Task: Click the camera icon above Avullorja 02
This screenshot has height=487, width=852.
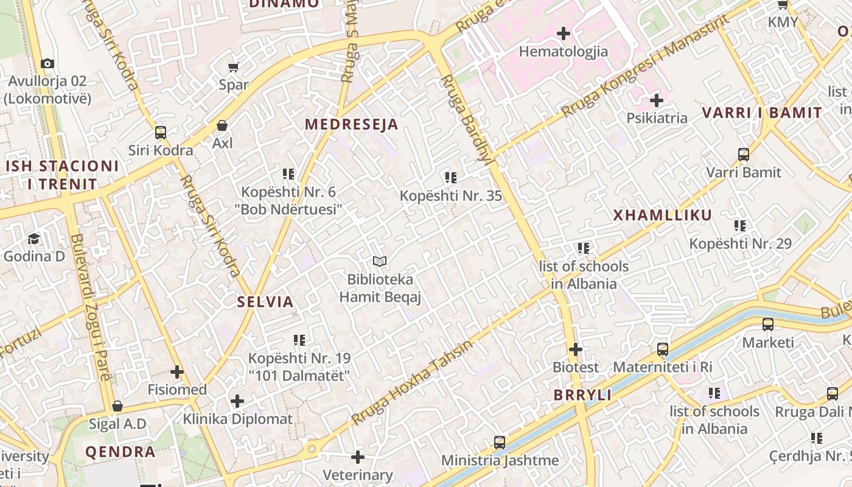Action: click(47, 63)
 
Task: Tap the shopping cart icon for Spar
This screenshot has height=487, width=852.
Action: click(234, 67)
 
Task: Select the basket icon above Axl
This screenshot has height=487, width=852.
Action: click(223, 125)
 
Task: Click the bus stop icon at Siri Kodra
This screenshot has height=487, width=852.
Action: click(161, 132)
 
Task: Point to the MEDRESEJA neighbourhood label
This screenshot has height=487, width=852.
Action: click(351, 125)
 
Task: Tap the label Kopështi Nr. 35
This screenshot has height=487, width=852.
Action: click(450, 196)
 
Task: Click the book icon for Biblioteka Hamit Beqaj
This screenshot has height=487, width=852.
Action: click(380, 262)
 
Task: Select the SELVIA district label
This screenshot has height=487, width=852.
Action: click(265, 302)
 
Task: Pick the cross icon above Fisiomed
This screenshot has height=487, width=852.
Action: click(177, 371)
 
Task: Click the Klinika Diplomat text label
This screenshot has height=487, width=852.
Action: click(238, 419)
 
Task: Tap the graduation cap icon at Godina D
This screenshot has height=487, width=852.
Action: click(33, 238)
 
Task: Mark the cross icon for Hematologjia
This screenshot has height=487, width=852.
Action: click(564, 33)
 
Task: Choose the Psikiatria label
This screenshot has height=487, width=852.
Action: click(657, 118)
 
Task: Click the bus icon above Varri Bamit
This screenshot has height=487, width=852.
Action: click(744, 154)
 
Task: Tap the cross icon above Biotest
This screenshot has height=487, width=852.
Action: click(576, 349)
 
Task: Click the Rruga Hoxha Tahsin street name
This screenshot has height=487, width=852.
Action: click(411, 383)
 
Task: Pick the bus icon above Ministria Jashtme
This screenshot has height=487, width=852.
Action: click(500, 442)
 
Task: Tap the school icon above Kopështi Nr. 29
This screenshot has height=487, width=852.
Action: click(740, 226)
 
